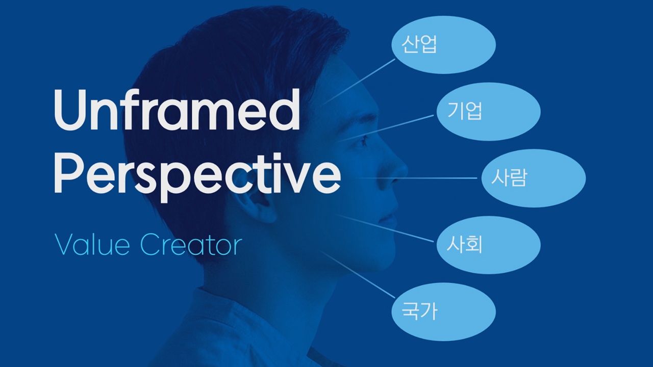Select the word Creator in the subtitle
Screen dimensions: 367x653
190,245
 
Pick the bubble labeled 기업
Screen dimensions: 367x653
488,112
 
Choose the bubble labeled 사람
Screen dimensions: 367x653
533,178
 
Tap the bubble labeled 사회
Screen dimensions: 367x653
488,245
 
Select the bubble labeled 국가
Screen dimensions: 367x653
443,311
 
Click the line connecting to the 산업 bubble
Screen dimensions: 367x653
360,82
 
